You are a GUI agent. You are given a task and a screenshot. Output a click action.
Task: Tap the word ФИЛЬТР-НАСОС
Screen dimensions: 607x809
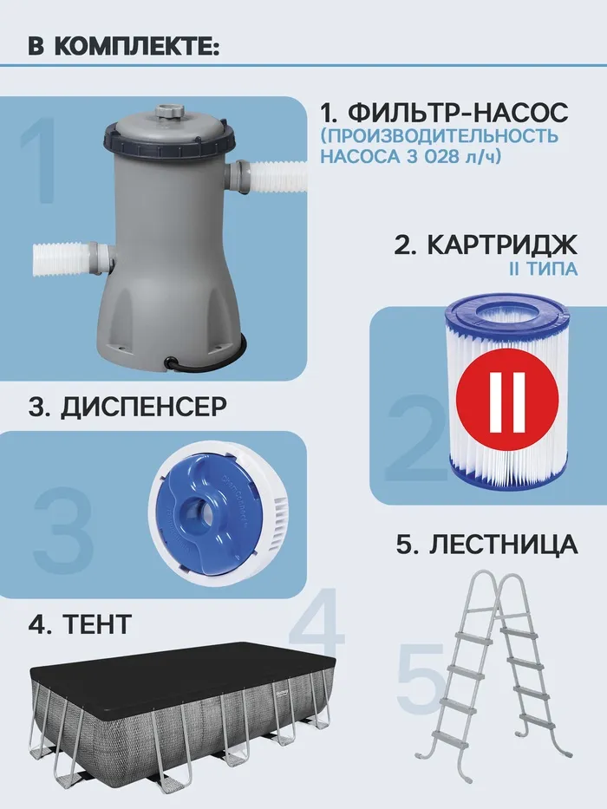(458, 112)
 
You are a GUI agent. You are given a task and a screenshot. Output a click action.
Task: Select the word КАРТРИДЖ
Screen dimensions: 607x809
(502, 245)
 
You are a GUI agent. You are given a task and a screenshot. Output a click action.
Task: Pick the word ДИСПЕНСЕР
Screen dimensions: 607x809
(143, 407)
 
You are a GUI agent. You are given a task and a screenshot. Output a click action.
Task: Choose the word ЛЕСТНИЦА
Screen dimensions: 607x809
(503, 544)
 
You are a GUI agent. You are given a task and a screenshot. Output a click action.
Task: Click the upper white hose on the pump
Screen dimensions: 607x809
(278, 179)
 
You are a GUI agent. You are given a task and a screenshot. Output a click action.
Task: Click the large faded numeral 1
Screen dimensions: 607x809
(40, 160)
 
